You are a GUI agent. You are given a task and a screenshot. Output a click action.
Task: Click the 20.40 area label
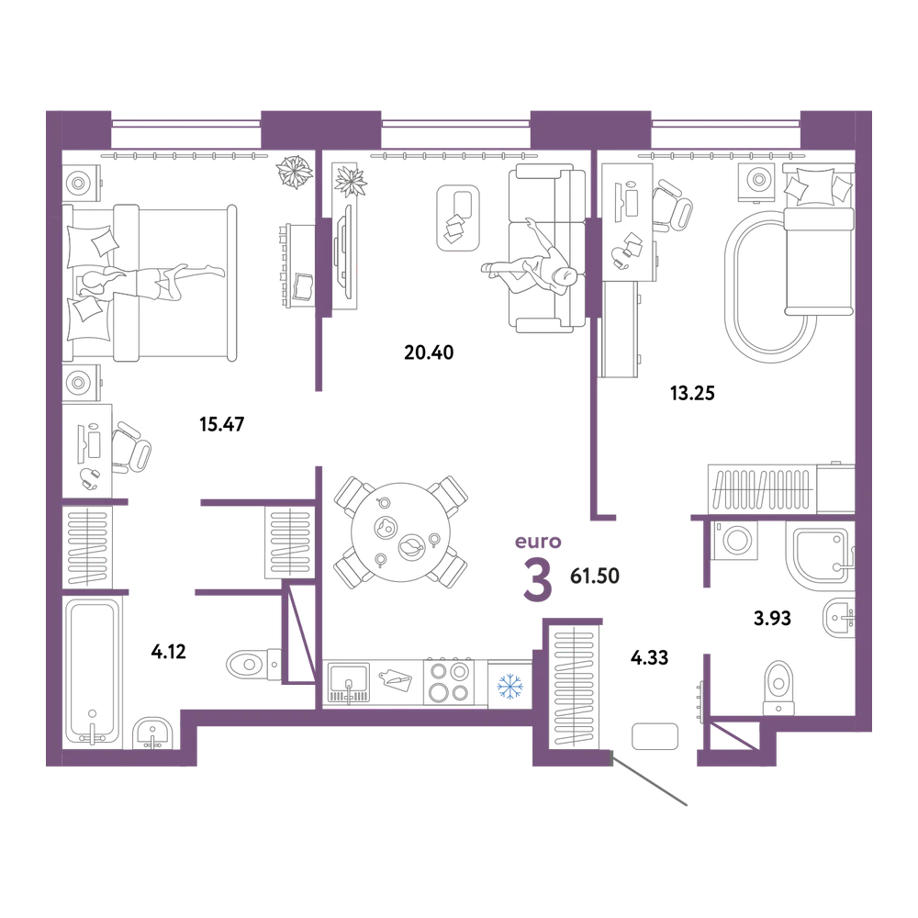pos(429,353)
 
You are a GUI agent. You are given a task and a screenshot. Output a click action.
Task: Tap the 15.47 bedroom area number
pos(222,424)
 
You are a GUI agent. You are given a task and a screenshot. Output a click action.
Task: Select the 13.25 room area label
pos(692,393)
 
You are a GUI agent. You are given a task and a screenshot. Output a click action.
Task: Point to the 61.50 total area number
pos(595,577)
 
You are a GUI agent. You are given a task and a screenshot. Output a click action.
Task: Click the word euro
pos(538,543)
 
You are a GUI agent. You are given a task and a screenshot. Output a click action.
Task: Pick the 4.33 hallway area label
pos(649,657)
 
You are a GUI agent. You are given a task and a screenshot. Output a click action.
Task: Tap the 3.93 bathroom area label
pos(772,618)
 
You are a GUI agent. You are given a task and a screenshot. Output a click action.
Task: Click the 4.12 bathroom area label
pos(169,651)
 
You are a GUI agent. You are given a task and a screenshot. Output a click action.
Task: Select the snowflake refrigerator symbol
pos(509,686)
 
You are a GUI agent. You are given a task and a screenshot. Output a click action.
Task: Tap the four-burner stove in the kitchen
pos(449,681)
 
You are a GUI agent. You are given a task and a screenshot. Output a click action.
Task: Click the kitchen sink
pos(349,682)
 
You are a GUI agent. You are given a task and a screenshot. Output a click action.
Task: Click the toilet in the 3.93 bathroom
pos(778,688)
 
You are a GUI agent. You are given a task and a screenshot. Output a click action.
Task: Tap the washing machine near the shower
pos(736,540)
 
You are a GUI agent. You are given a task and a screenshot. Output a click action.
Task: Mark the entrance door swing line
pos(649,779)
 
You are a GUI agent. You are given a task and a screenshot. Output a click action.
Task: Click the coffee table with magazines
pos(458,218)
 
